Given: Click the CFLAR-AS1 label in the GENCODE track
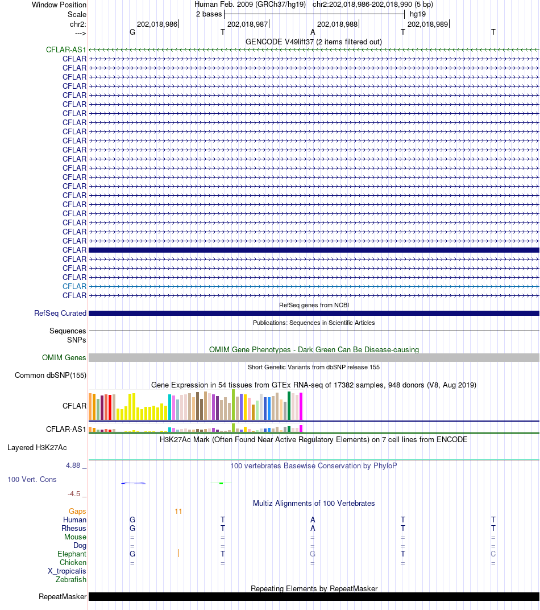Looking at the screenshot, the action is tap(66, 50).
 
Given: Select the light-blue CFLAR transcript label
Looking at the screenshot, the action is tap(74, 286).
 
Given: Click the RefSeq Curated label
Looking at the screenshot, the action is tap(60, 313).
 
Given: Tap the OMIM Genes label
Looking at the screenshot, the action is tap(64, 357).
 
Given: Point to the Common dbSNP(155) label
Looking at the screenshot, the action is tap(51, 376).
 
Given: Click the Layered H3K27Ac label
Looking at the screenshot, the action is tap(37, 448).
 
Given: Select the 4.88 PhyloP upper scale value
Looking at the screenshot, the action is tap(73, 465).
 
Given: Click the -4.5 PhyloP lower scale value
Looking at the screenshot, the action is tap(74, 494).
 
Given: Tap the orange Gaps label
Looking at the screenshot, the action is tap(77, 511).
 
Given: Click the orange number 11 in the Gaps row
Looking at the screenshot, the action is tap(178, 511).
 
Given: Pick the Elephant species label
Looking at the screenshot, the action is tap(72, 554).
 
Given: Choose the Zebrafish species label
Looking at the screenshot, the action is tap(70, 580).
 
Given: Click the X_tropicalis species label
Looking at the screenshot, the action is tap(67, 571).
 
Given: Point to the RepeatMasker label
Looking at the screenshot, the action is tap(62, 597).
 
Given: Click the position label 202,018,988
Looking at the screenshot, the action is tap(337, 24).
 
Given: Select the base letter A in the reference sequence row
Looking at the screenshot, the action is tap(313, 32).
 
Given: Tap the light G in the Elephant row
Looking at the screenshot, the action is tap(313, 554).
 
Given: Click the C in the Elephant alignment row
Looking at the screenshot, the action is tap(493, 554).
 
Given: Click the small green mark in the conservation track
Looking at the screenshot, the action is tap(221, 483).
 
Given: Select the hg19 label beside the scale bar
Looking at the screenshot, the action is tap(418, 14).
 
